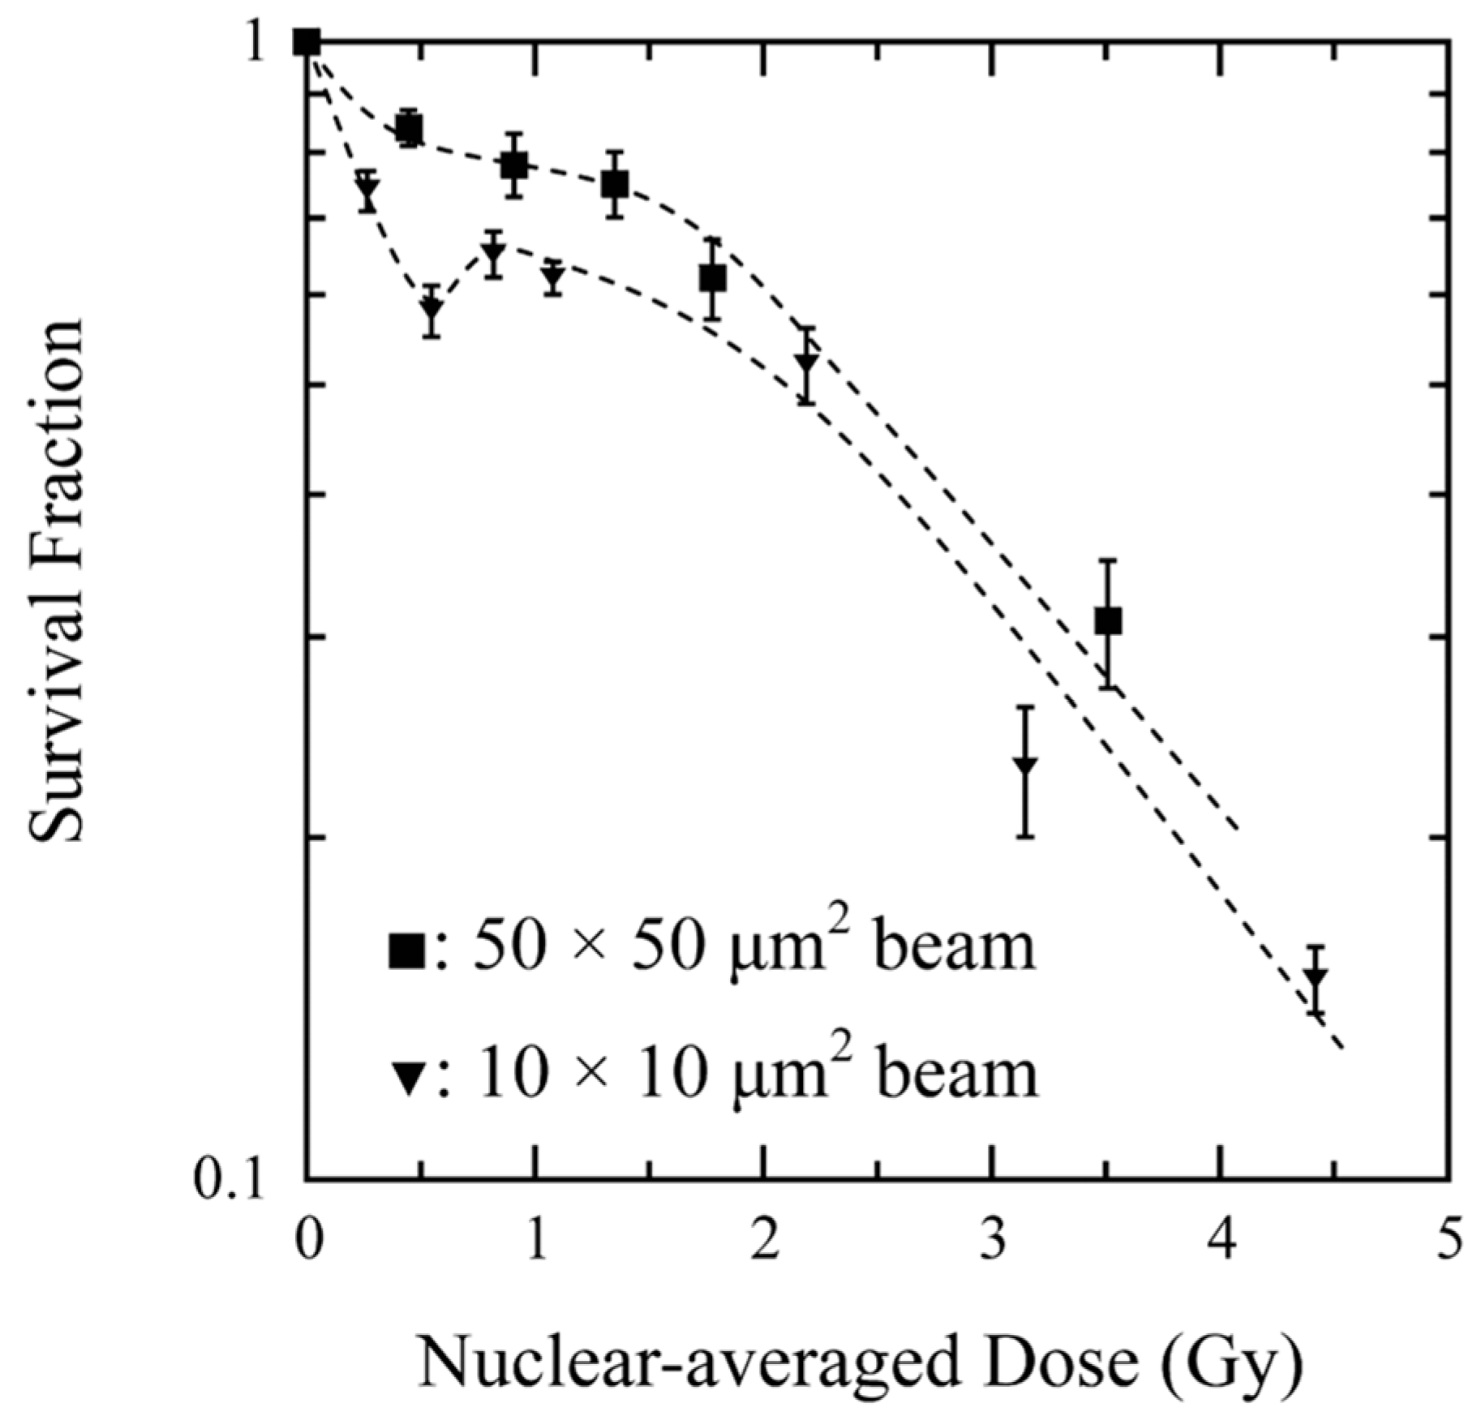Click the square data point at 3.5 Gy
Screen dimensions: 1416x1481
(x=1108, y=620)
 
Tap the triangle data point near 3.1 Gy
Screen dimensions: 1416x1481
(x=1026, y=766)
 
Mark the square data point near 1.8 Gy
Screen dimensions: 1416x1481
(x=712, y=278)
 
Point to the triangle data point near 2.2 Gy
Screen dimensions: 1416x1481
(x=805, y=363)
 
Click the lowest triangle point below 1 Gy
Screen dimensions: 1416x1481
(x=432, y=309)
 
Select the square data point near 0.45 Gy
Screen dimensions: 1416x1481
(x=410, y=128)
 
